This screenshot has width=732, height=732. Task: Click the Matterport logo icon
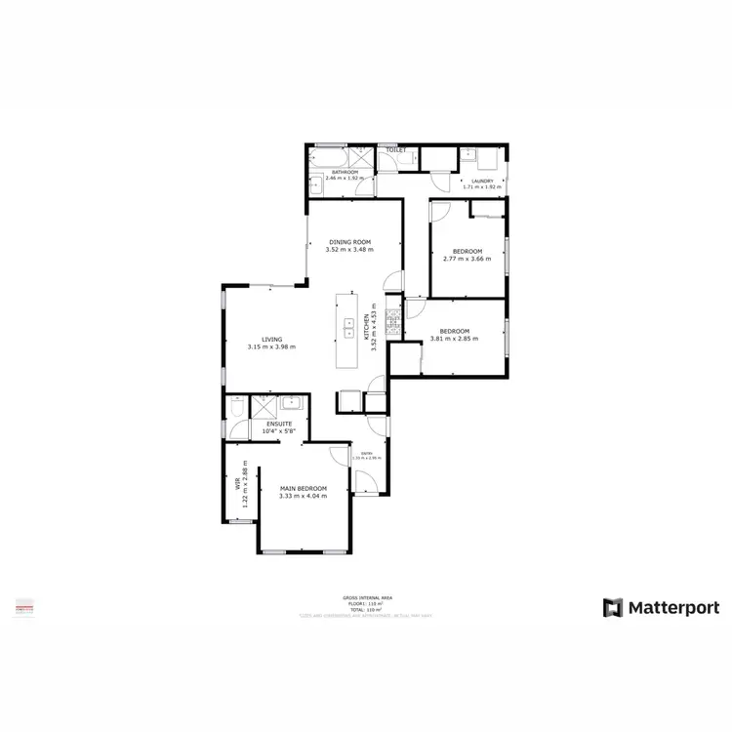[x=612, y=607]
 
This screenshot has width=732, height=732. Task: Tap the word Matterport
[x=671, y=607]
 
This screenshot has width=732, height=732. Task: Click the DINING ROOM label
[x=349, y=242]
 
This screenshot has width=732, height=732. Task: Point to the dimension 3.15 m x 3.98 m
[x=271, y=347]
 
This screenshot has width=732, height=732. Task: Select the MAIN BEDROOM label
[x=302, y=488]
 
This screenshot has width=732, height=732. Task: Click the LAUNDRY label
[x=481, y=181]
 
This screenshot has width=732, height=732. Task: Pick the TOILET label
[x=395, y=150]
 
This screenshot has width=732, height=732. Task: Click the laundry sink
[x=468, y=157]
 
